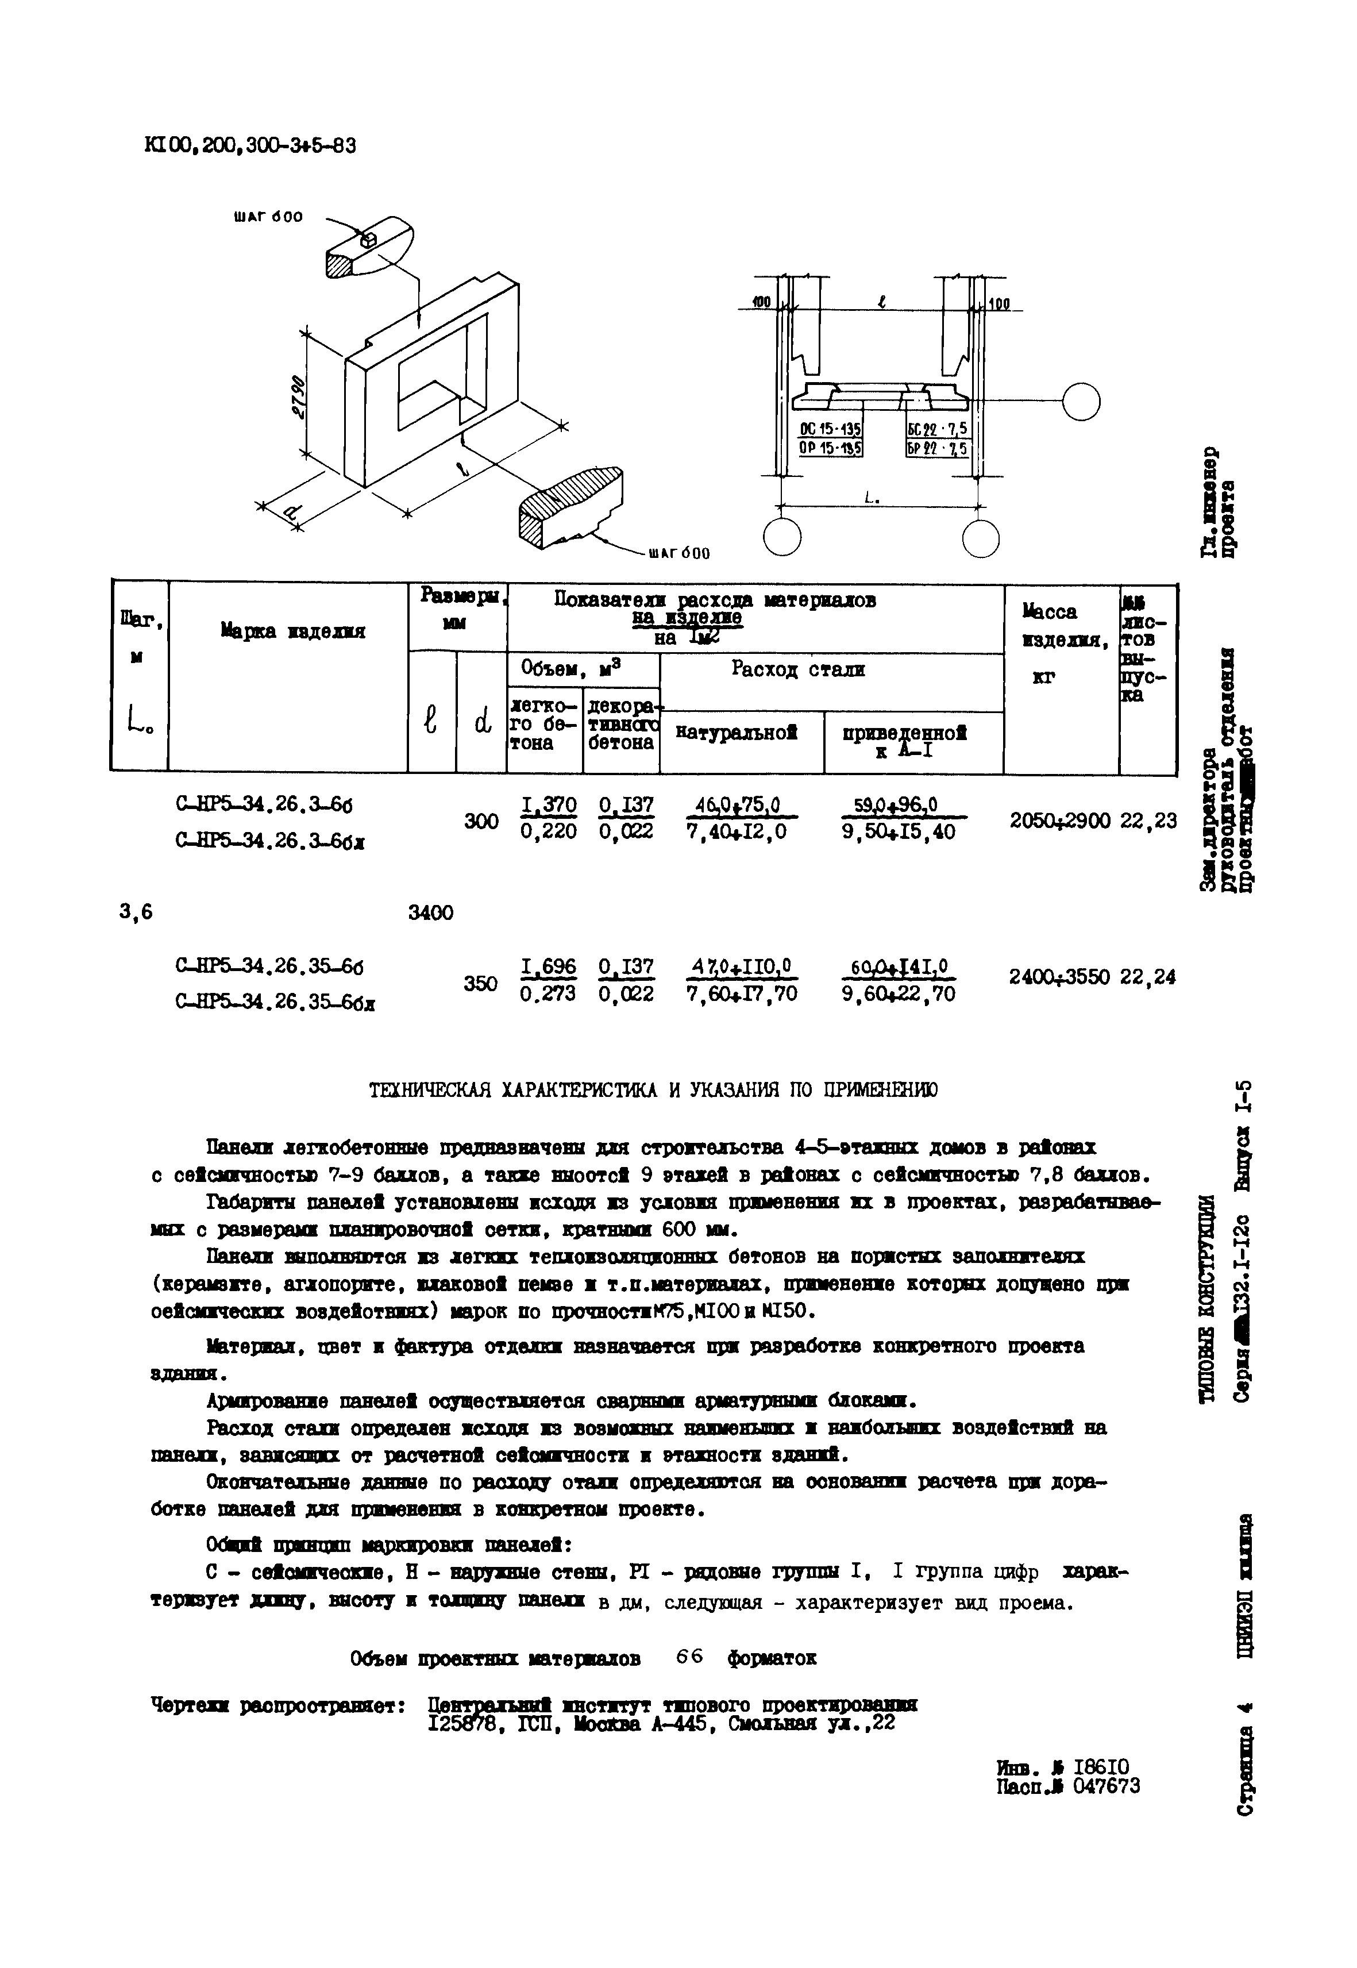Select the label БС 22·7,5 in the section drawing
(938, 429)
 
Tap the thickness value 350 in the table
(480, 983)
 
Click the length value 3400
(431, 912)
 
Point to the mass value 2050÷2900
(1059, 821)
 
